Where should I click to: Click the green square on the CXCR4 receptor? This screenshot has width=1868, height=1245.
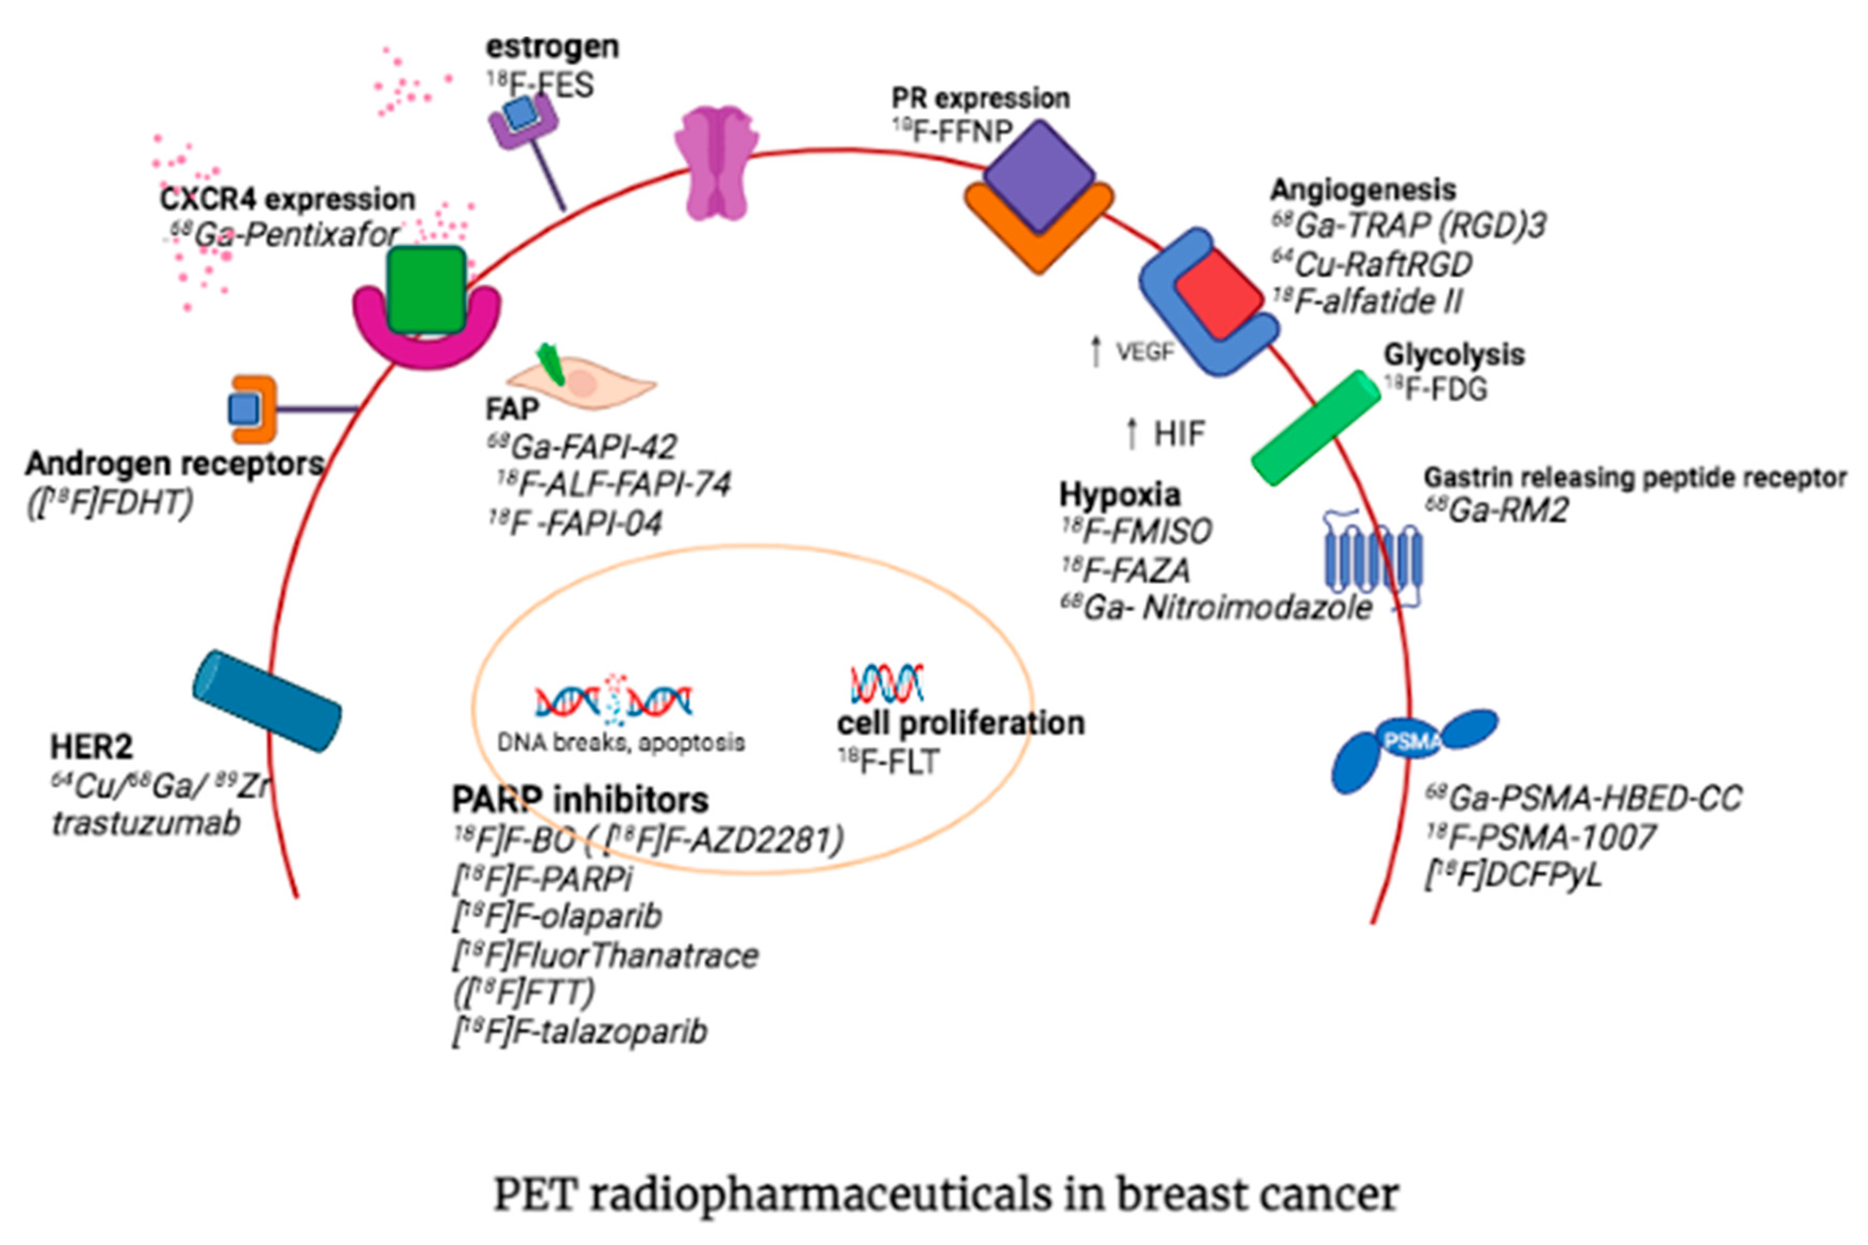click(427, 289)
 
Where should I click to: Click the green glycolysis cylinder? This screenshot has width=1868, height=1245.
click(1316, 427)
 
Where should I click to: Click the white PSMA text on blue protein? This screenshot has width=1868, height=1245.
click(1412, 741)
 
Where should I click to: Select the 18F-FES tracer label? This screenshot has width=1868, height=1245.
click(540, 85)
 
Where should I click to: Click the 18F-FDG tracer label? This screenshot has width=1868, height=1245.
click(1436, 389)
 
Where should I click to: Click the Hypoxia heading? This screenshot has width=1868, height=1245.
click(1120, 494)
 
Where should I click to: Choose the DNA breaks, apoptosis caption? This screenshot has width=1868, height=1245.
click(621, 743)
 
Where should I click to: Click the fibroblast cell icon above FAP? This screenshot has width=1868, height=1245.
click(581, 381)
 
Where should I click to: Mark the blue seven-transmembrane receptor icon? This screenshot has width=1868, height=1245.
click(1372, 560)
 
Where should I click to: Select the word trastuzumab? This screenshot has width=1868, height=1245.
click(146, 823)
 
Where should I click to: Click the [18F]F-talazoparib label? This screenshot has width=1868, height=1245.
click(580, 1032)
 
